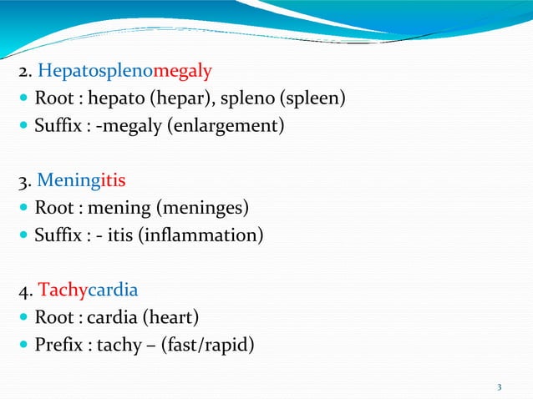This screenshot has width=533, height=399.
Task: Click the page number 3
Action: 499,386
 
